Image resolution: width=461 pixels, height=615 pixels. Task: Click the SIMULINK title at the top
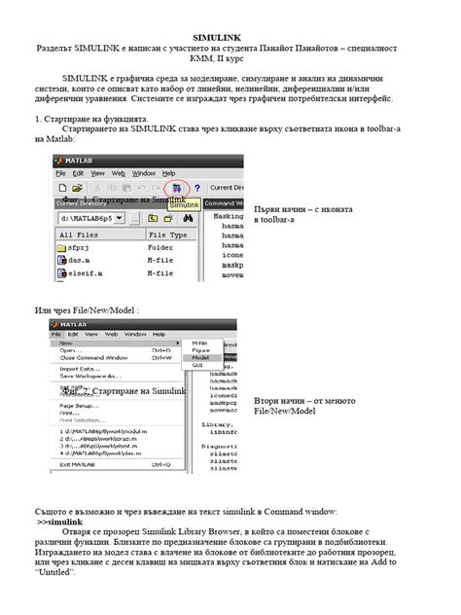[230, 37]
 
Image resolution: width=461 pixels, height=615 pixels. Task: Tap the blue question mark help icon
[196, 188]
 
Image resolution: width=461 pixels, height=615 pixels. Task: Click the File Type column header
[167, 235]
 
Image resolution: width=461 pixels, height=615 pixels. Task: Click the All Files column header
[80, 235]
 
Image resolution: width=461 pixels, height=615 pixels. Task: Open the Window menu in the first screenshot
[143, 172]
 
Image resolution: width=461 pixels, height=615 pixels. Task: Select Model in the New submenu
[200, 357]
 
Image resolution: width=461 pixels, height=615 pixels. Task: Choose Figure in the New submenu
[200, 350]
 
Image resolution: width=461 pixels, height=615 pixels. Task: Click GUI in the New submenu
[197, 365]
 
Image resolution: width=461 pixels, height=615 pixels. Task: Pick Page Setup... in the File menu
[80, 405]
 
